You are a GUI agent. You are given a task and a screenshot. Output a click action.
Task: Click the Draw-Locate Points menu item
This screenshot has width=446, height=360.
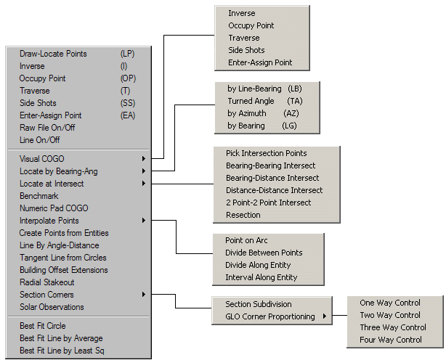(53, 54)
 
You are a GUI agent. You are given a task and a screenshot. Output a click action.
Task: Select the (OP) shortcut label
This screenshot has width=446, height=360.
(128, 78)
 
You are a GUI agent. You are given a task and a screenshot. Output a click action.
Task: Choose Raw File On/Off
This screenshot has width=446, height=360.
(47, 128)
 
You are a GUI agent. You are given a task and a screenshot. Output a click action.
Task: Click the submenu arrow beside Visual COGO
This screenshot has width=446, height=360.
(144, 158)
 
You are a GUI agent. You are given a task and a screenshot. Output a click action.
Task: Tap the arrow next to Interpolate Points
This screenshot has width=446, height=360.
(144, 221)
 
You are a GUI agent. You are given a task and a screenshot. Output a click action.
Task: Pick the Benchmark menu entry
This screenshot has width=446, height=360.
(39, 196)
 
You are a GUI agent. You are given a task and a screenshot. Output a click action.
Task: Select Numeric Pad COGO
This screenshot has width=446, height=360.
(54, 208)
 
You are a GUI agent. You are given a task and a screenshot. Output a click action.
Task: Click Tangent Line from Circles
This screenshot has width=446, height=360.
(63, 258)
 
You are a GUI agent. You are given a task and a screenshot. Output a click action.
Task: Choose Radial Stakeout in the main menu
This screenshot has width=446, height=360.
(47, 282)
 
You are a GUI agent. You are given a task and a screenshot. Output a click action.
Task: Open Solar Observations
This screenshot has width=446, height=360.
(52, 307)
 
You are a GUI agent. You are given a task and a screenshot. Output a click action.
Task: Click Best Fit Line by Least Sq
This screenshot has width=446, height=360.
(62, 351)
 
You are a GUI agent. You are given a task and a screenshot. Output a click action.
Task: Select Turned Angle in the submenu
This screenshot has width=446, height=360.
(251, 101)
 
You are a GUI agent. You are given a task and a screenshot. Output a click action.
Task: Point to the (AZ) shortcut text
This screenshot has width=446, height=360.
(291, 113)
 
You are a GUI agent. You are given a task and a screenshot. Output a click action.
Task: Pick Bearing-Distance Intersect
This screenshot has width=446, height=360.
(272, 178)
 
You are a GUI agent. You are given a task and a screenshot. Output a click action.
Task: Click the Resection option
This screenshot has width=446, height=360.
(243, 215)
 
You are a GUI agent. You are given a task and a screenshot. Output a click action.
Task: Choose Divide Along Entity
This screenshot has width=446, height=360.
(258, 265)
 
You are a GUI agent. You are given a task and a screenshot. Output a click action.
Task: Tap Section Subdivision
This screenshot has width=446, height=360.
(259, 304)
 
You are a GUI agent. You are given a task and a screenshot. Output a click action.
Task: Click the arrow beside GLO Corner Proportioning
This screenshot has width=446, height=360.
(325, 316)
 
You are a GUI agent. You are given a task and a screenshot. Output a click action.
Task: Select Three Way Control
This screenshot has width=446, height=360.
(393, 327)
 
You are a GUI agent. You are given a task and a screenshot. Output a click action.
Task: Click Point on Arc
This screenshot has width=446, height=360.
(246, 240)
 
